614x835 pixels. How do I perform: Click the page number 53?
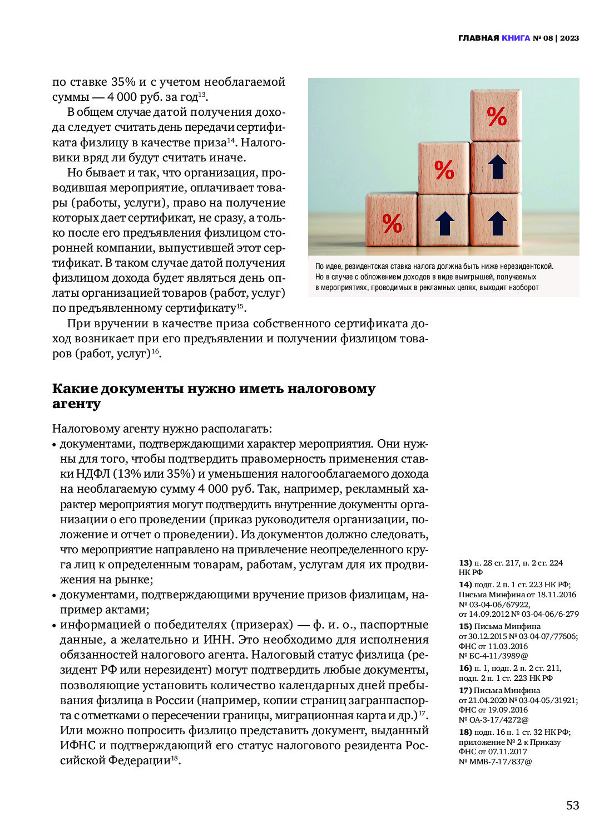pos(572,805)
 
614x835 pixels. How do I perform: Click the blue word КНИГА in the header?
pos(516,38)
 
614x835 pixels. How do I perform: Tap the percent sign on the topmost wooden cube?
pos(497,116)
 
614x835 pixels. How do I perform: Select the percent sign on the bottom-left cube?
pos(392,224)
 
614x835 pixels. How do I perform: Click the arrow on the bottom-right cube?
pos(497,222)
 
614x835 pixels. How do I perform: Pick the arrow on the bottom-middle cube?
pos(444,223)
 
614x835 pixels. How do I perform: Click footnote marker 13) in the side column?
pos(465,563)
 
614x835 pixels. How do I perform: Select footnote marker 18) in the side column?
pos(465,732)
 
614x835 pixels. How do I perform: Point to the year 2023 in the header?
pos(569,38)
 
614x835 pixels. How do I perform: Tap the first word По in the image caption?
pos(320,267)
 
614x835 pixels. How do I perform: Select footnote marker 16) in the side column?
pos(465,668)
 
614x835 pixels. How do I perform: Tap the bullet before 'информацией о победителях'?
pos(55,625)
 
